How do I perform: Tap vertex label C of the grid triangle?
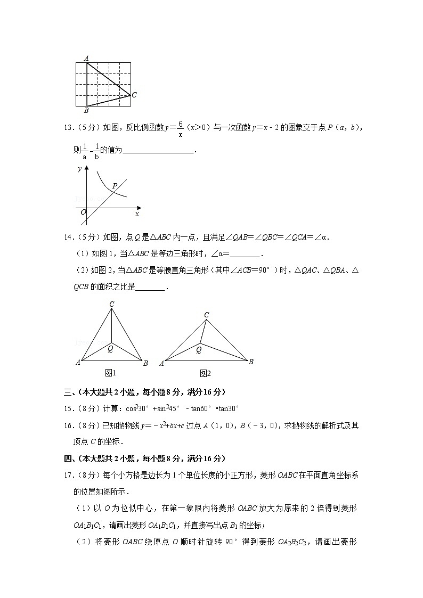pos(135,95)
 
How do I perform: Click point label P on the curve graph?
pos(115,186)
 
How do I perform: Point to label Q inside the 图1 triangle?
pos(110,349)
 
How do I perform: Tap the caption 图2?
pos(205,373)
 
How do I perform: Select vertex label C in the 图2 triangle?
pos(207,315)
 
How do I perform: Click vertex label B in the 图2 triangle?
pos(251,362)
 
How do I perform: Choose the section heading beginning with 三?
pos(144,392)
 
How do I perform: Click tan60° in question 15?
pos(202,408)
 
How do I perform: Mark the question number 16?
pos(68,425)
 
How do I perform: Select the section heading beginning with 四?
pos(144,458)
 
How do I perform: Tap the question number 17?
pos(68,474)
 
